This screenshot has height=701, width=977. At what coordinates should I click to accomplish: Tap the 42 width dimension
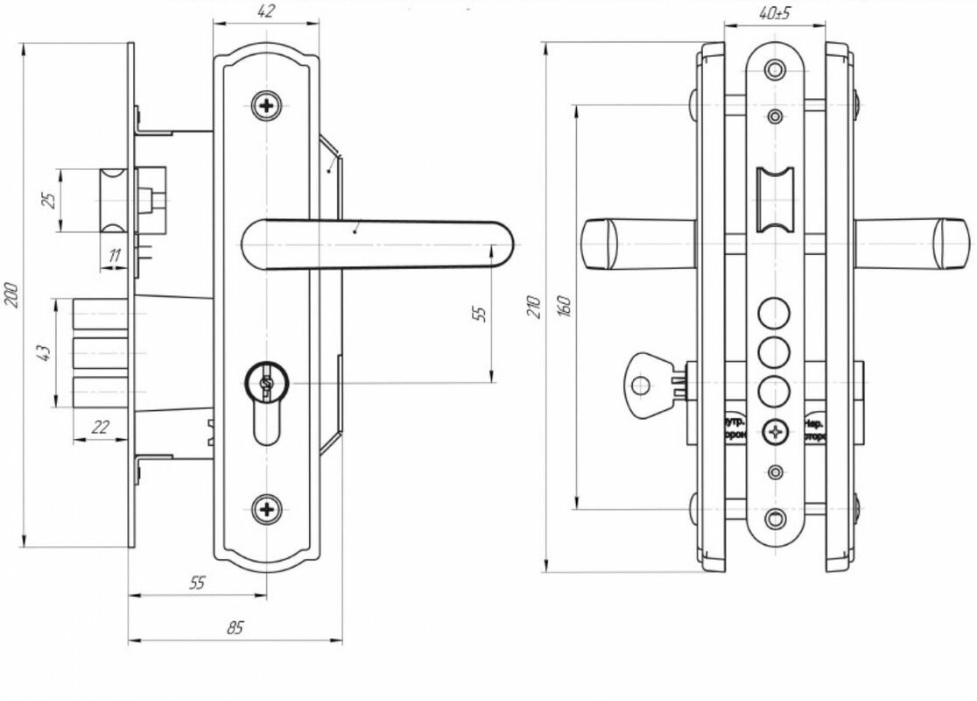coord(267,11)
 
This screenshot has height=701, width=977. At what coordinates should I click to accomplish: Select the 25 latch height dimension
coord(49,200)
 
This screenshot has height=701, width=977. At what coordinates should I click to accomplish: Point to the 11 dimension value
coord(114,256)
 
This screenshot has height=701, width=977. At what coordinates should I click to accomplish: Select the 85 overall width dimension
coord(235,627)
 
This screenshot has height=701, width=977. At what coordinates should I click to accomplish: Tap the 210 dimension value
coord(536,305)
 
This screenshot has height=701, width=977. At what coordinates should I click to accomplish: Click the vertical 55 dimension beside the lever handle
coord(479,313)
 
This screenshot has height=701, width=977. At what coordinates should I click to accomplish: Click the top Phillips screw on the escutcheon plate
coord(266,107)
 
